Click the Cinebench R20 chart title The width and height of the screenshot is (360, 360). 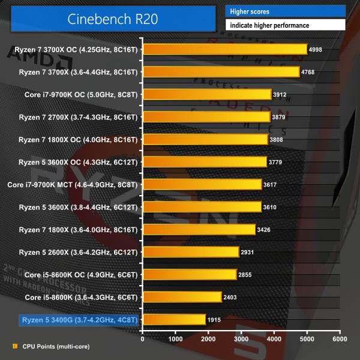coord(113,18)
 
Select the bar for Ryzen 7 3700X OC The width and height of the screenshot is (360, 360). coord(224,49)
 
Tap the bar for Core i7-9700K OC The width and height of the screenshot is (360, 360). coord(207,94)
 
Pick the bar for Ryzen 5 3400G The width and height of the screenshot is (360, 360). coord(174,320)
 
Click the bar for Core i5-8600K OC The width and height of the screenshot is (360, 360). coord(190,274)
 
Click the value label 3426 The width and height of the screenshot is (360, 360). coord(265,229)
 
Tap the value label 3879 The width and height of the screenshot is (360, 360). coord(280,117)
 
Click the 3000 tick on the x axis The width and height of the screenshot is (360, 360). coord(241,339)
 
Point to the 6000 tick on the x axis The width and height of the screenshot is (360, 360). coord(340,339)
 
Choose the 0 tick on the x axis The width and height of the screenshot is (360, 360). coord(142,339)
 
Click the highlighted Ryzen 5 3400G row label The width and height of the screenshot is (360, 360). coord(79,320)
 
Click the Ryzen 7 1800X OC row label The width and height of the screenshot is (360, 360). coord(78,139)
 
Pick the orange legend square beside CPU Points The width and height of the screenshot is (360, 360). coord(14,346)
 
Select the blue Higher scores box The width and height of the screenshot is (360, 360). coord(286,11)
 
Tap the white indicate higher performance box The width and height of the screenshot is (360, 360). coord(286,25)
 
